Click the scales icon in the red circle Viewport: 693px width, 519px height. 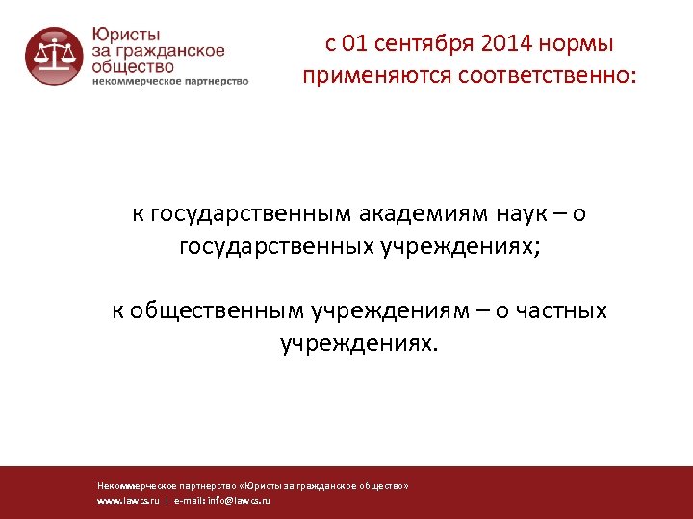pos(54,57)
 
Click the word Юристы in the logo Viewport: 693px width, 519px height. pos(123,34)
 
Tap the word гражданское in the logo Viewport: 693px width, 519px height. pos(174,51)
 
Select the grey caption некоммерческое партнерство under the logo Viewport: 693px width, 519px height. pos(170,81)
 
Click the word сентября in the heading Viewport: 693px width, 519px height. pos(423,44)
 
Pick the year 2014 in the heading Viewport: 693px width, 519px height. pos(503,44)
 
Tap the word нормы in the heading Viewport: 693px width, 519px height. pos(575,44)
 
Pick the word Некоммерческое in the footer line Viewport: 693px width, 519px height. pos(133,486)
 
